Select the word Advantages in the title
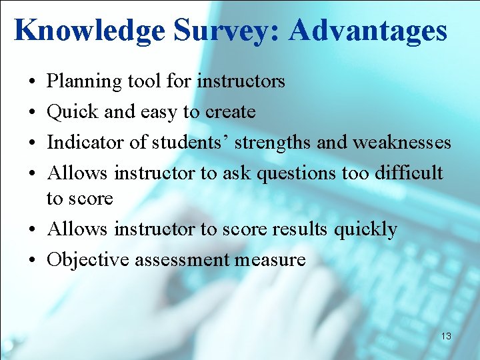pyautogui.click(x=368, y=31)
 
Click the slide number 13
pyautogui.click(x=446, y=337)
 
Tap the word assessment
pyautogui.click(x=182, y=260)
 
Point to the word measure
pyautogui.click(x=269, y=260)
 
